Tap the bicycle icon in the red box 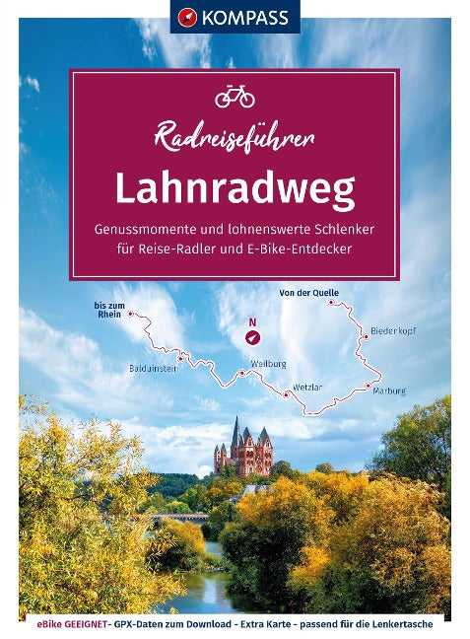click(235, 95)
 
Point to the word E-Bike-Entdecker click(304, 248)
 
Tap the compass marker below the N click(252, 337)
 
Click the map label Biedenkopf click(393, 330)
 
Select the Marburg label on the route click(389, 391)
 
